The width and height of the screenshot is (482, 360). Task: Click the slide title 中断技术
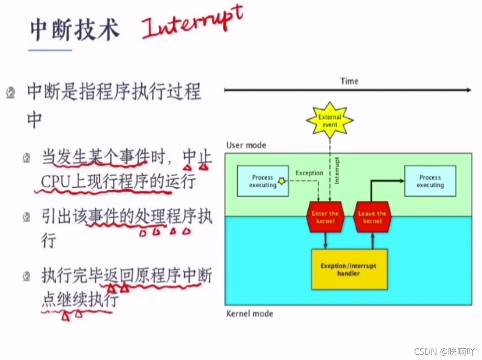pos(75,30)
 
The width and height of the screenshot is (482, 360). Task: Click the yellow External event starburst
pos(330,121)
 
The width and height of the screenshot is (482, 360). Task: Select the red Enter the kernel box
pos(325,217)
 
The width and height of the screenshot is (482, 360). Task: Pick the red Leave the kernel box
pos(372,217)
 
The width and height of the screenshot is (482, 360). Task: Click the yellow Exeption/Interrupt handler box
pos(349,270)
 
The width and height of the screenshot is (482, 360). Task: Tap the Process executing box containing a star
pos(262,181)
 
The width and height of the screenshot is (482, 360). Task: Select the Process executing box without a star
pos(430,181)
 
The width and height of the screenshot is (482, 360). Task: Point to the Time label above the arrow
pos(349,81)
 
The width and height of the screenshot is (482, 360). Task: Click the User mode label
pos(246,145)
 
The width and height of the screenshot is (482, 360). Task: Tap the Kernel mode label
pos(249,314)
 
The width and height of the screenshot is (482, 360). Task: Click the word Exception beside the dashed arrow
pos(309,173)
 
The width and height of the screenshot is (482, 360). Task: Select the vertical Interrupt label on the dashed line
pos(337,171)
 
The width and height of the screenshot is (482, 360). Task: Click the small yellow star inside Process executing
pos(281,180)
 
